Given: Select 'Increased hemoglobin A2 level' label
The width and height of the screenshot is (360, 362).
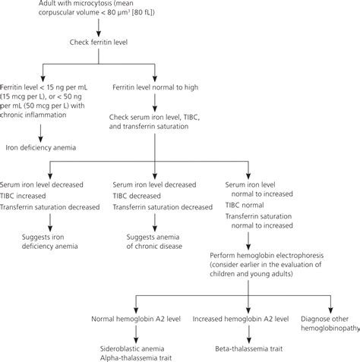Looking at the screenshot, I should [242, 320].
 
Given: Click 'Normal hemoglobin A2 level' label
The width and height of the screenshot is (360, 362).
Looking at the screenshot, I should [134, 320].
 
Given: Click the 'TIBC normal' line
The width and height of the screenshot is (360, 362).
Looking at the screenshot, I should [246, 205].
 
